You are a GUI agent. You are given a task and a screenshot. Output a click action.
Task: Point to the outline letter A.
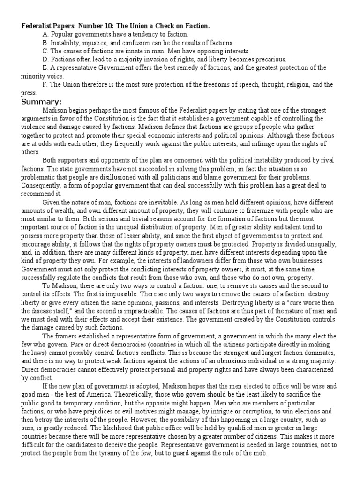[45, 35]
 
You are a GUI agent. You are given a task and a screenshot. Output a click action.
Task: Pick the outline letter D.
[45, 59]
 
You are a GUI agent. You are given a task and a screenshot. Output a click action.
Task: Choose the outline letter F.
[44, 85]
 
